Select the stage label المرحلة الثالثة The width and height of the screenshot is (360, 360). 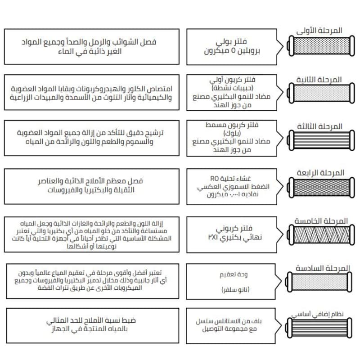click(x=320, y=126)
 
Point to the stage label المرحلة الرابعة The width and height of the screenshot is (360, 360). click(x=320, y=173)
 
